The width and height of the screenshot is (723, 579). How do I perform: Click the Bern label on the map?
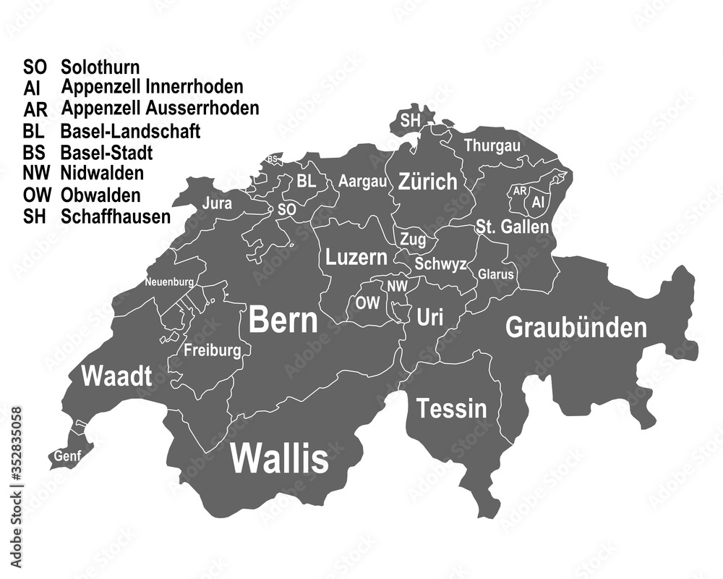click(x=283, y=321)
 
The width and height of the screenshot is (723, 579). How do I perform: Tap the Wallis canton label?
click(x=279, y=458)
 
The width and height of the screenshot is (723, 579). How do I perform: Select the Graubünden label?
click(x=576, y=328)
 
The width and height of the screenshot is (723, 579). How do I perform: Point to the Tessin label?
click(x=451, y=408)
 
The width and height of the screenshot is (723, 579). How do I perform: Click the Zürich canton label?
click(x=427, y=181)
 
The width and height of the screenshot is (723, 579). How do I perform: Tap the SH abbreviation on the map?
click(x=410, y=120)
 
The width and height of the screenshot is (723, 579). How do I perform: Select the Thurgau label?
click(x=492, y=145)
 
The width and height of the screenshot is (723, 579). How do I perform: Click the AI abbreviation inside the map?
click(x=537, y=203)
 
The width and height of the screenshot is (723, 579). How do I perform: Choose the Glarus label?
click(x=496, y=274)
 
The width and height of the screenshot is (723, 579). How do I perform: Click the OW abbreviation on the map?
click(x=367, y=303)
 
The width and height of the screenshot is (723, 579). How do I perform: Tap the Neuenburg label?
click(x=168, y=282)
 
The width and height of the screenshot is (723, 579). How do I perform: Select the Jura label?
click(x=217, y=203)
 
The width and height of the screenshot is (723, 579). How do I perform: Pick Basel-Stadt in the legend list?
click(x=106, y=153)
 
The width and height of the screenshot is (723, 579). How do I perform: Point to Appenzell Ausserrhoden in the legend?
click(x=161, y=109)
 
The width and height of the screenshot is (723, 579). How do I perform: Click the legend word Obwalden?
click(x=100, y=195)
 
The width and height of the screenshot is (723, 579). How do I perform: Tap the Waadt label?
click(x=116, y=376)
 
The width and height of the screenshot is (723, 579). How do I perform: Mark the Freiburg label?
click(x=213, y=352)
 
